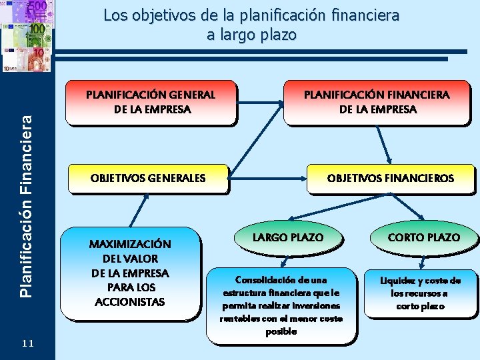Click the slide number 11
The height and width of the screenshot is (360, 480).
(x=28, y=343)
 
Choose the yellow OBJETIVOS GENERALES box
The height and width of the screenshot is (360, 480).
(x=148, y=178)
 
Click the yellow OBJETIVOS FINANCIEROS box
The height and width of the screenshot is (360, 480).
(x=390, y=178)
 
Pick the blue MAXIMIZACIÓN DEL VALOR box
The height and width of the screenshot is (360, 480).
(x=131, y=273)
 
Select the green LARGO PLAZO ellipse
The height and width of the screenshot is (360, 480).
(x=288, y=237)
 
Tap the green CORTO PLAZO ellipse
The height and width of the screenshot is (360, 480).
(x=424, y=237)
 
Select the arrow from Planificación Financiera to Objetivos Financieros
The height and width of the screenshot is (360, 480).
(x=383, y=143)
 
